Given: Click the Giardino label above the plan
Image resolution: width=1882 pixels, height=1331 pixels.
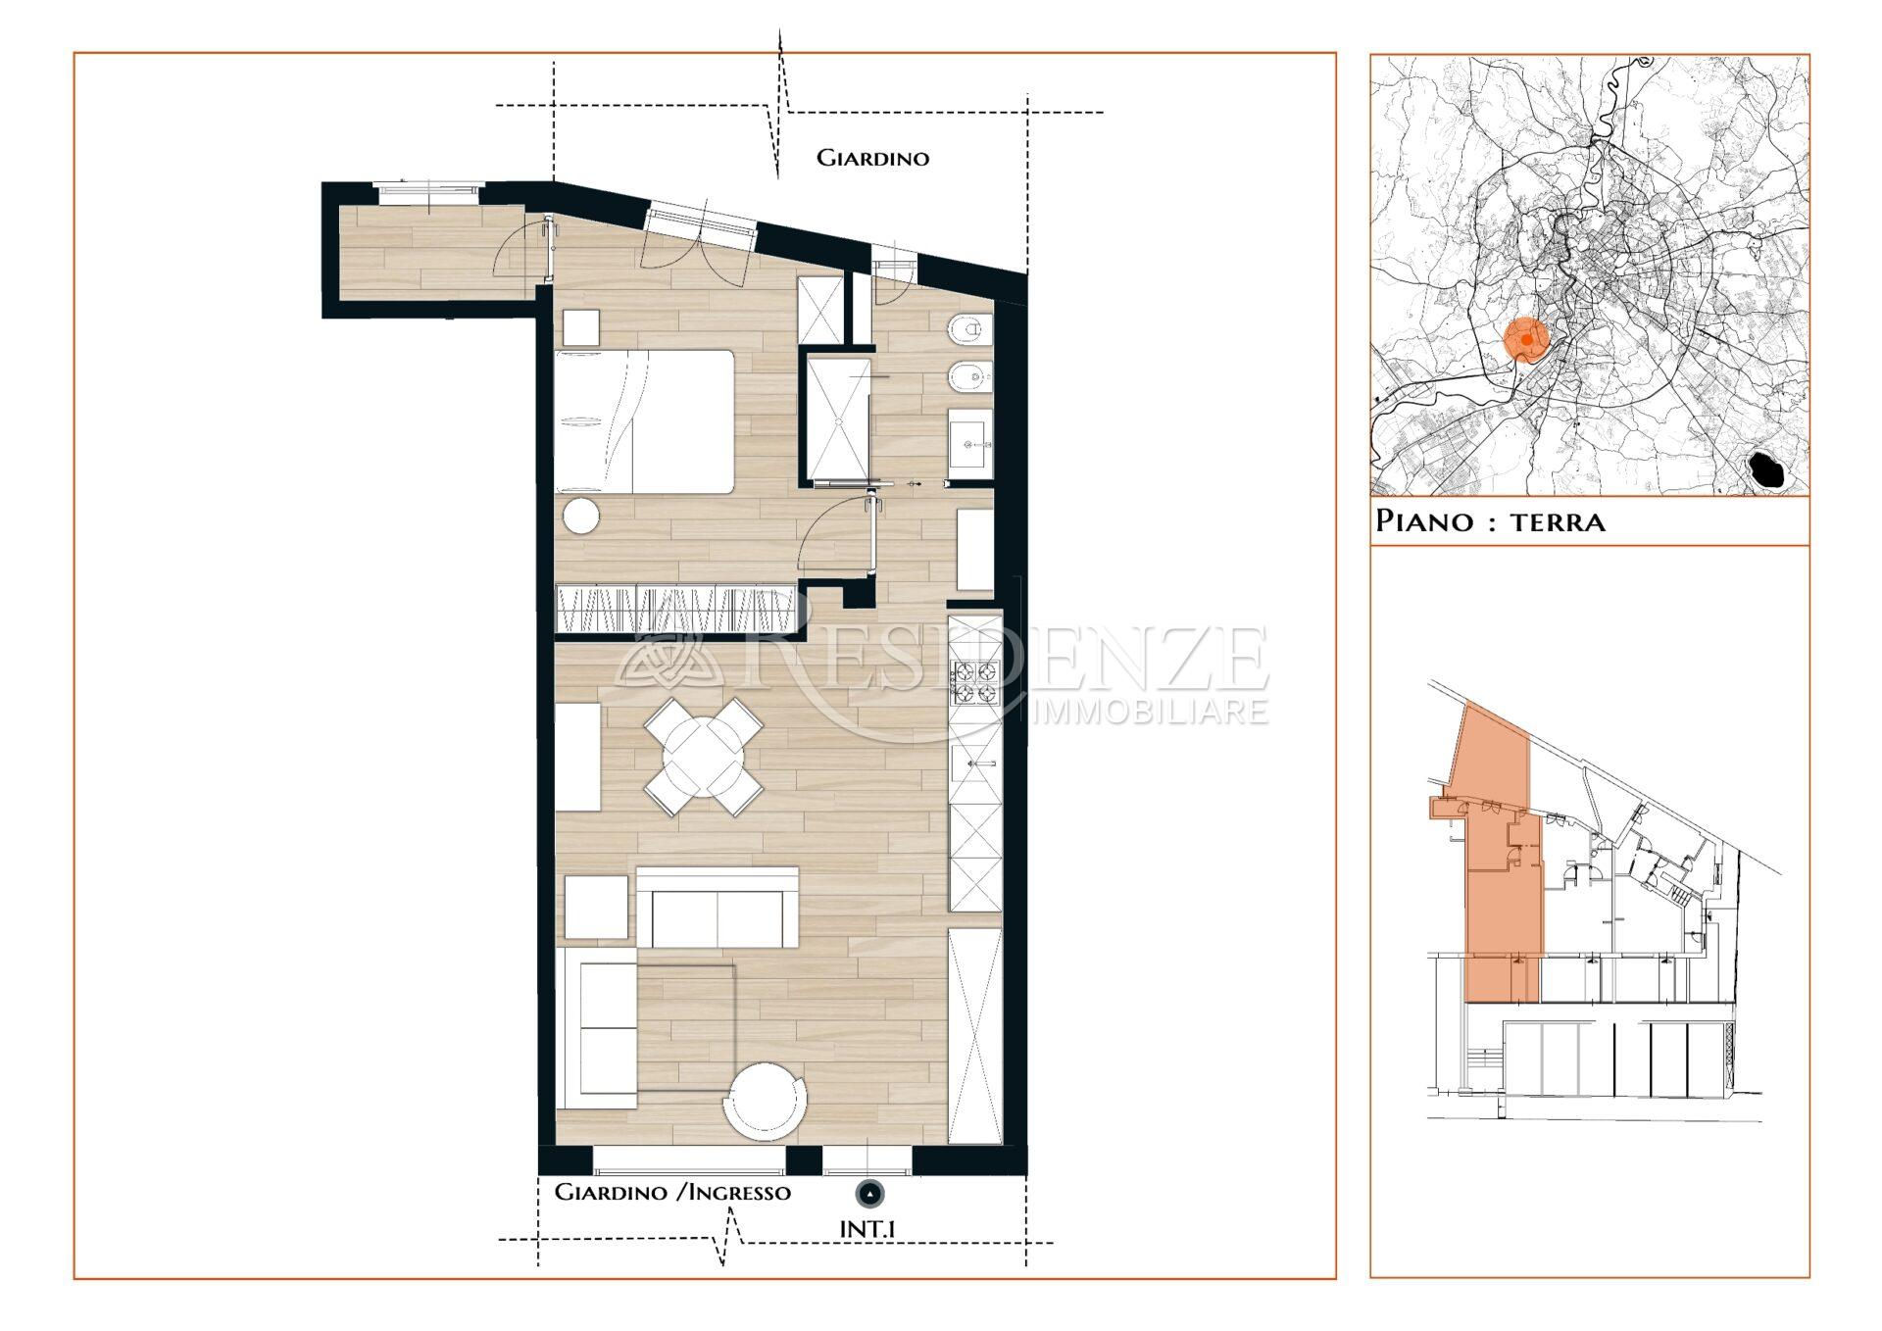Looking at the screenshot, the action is pos(872,158).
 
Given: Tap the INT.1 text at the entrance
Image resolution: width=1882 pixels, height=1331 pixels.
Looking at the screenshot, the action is pos(867,1228).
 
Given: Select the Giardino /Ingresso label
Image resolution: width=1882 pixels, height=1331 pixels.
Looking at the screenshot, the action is pos(672,1192).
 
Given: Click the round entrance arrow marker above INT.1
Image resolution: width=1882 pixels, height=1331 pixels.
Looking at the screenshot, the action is pos(869,1194).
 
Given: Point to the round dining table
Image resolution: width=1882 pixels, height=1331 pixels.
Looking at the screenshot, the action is pos(703,757).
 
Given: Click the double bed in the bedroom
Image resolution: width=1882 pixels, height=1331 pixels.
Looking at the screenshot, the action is pos(644,421).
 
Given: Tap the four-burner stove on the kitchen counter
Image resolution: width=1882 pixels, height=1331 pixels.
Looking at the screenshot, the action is pos(975,683).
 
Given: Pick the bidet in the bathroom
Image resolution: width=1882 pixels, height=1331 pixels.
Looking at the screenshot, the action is pos(969,376).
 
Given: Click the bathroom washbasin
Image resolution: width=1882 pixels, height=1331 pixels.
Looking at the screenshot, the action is pos(970,444).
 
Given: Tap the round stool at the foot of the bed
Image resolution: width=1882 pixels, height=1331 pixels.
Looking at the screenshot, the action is pos(579,516).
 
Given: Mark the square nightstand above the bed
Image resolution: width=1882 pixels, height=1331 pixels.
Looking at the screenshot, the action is pos(580,327).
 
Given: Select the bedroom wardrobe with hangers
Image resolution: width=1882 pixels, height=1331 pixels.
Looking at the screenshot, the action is pos(674,609).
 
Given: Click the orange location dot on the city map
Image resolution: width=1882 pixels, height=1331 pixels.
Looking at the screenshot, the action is pos(1526,339).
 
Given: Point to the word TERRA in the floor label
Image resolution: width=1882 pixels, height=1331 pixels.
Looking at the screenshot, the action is pos(1558,521).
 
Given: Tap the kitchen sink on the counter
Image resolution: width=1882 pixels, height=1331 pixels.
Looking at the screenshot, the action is pos(975,764).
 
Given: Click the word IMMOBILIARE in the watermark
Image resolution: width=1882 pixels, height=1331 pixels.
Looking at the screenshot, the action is pos(1151,711).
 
